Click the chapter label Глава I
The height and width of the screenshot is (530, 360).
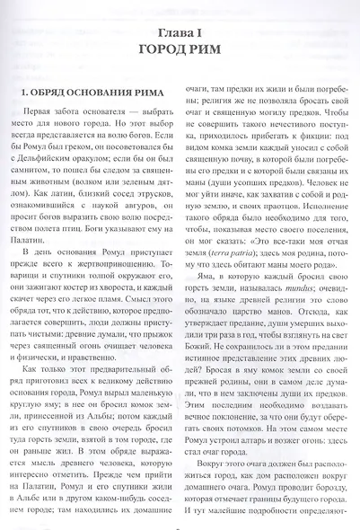pyautogui.click(x=180, y=21)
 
